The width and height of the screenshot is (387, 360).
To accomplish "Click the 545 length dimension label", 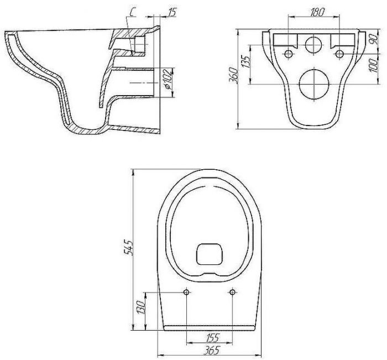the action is point(129,247).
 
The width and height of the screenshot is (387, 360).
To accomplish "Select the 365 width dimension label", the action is point(211,350).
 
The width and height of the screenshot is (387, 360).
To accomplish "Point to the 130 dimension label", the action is point(142,307).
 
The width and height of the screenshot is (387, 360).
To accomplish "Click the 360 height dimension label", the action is point(234,76).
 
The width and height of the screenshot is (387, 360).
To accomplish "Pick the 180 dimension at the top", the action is point(317,12).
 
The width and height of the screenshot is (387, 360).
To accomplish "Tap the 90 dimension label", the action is point(374,39).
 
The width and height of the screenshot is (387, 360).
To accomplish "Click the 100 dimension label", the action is point(374,65).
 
